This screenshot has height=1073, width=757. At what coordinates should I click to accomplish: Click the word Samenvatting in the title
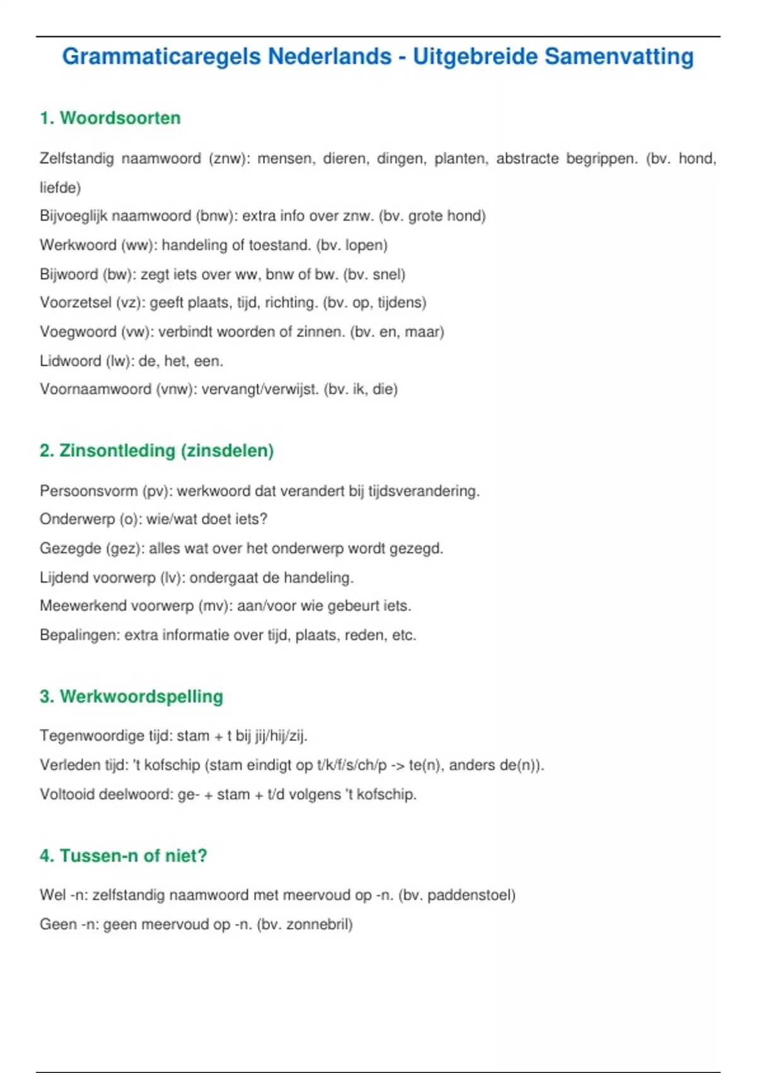click(619, 57)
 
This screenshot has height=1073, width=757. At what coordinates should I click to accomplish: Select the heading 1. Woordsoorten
click(110, 118)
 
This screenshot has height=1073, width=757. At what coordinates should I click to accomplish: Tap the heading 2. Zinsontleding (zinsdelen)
click(156, 451)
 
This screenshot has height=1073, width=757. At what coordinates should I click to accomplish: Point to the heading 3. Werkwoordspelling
click(131, 696)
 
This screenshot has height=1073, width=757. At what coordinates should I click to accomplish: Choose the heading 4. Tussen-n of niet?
click(123, 856)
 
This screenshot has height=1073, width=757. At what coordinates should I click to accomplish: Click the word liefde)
click(61, 187)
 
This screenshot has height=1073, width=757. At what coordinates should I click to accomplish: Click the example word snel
click(387, 275)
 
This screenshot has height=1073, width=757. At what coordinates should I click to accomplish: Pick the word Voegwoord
click(78, 332)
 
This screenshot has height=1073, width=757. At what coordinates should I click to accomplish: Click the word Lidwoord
click(70, 361)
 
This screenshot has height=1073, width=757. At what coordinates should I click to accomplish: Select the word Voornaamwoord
click(95, 389)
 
